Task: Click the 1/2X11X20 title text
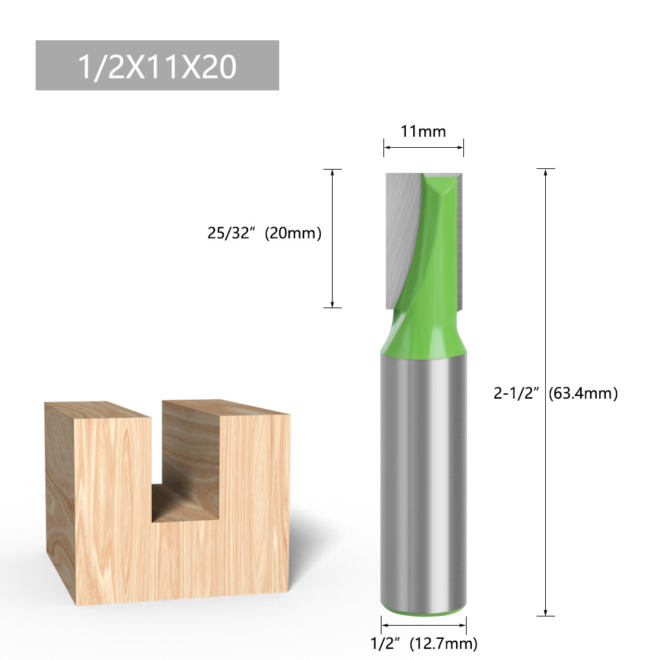point(157,66)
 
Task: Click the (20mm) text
point(292,233)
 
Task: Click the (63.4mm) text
point(583,394)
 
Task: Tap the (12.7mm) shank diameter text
point(443,642)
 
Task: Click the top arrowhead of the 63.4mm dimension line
point(545,173)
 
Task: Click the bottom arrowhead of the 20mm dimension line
point(332,303)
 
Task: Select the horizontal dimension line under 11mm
point(424,147)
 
